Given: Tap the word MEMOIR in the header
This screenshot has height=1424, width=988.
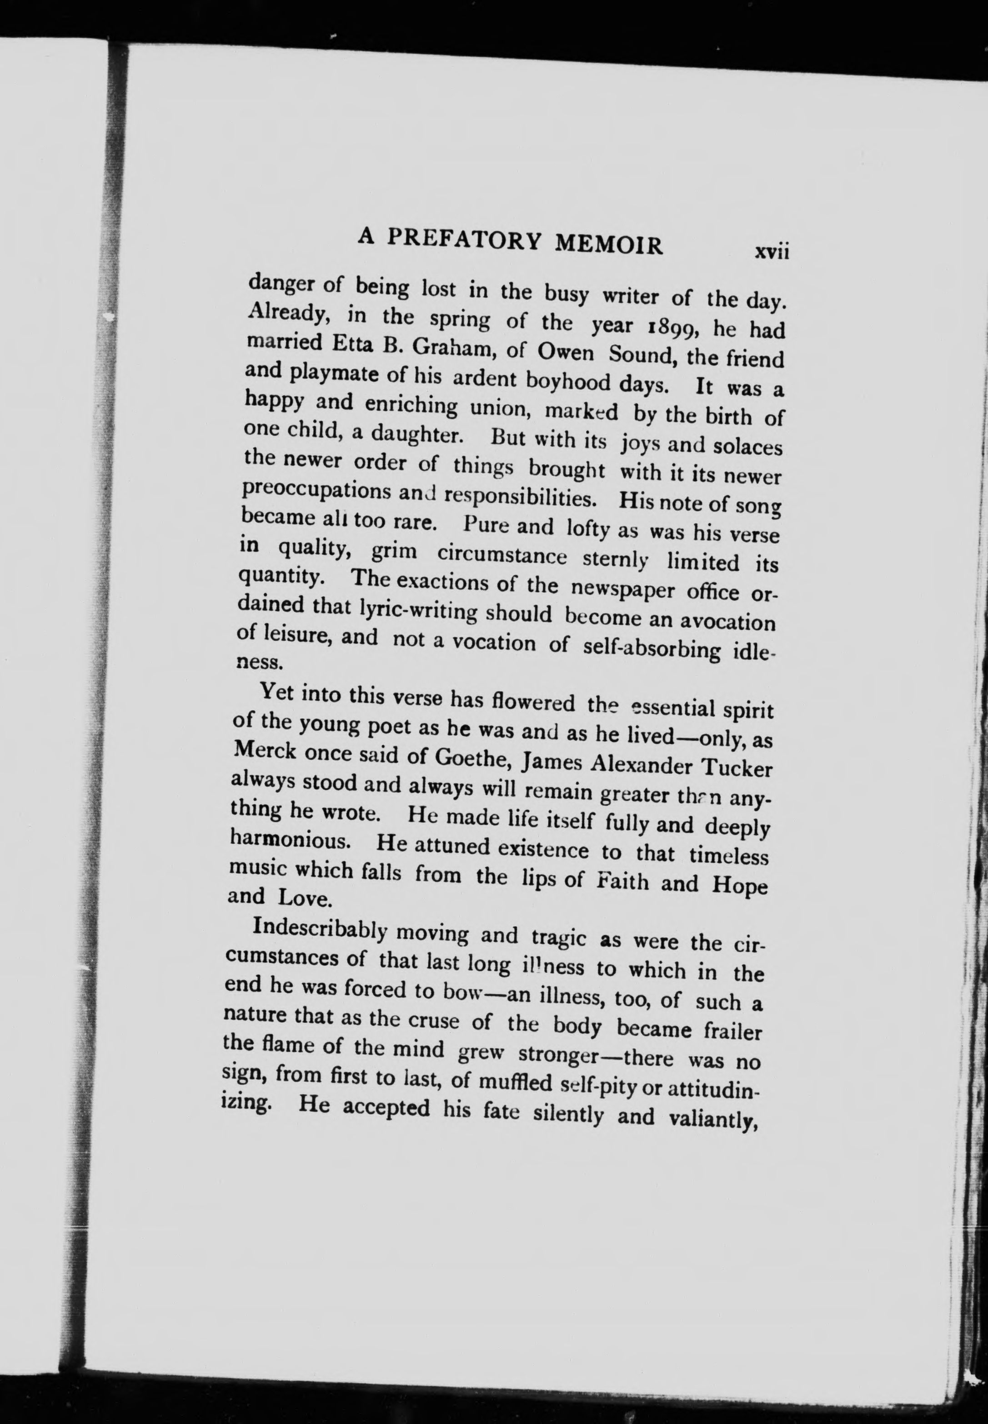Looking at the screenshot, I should [608, 244].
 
